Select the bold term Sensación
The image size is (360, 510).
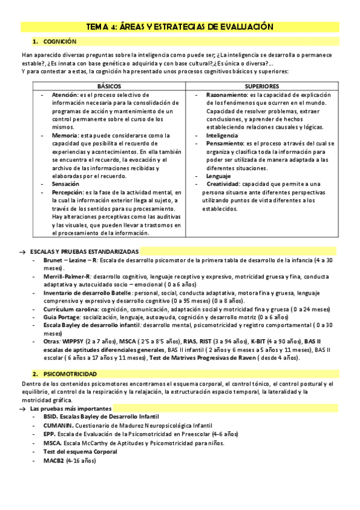point(66,183)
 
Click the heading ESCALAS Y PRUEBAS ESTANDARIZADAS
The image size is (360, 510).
point(84,251)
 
